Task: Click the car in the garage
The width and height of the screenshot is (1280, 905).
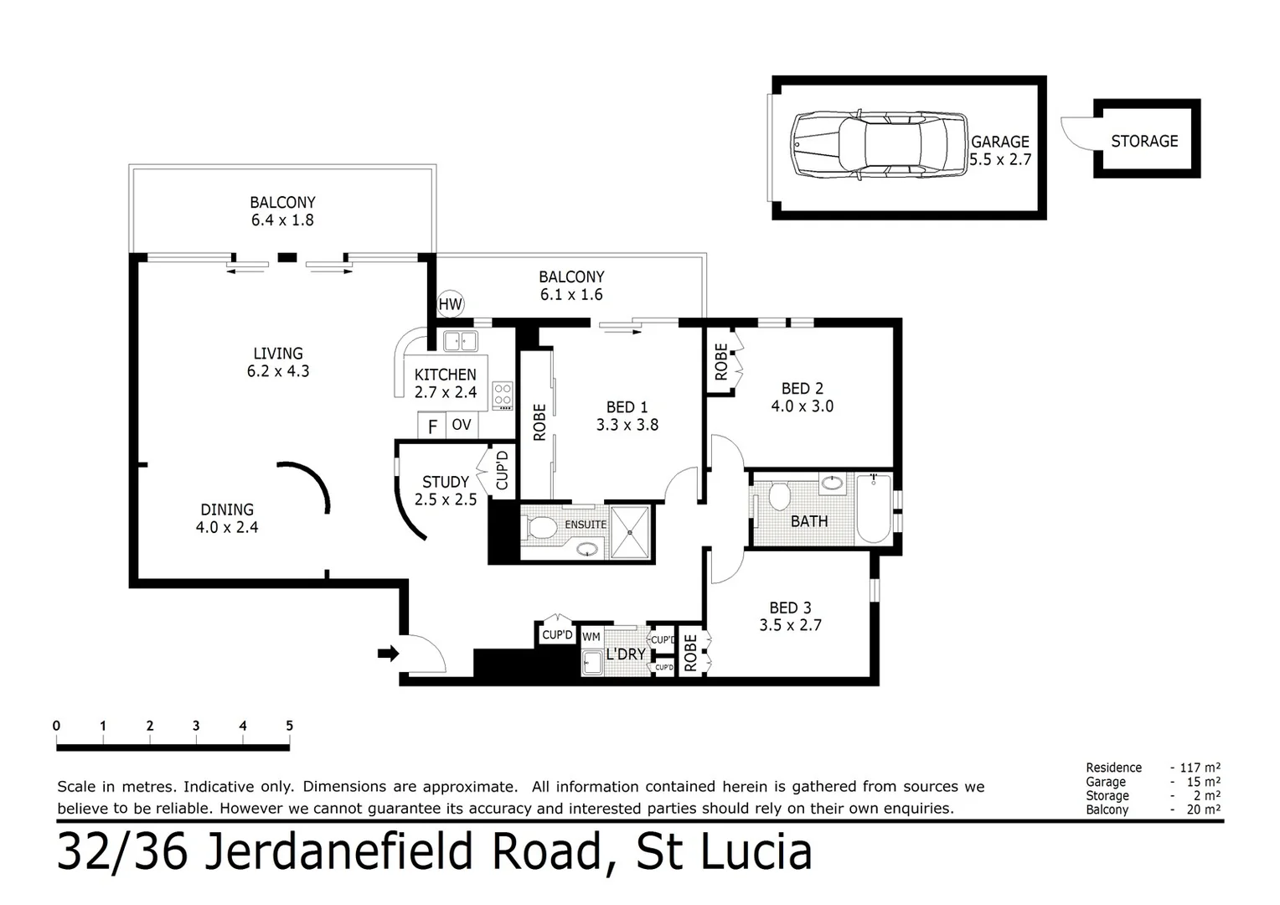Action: click(x=879, y=145)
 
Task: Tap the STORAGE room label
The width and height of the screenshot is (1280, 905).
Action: click(x=1144, y=141)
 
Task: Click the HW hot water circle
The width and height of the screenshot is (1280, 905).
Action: click(x=450, y=304)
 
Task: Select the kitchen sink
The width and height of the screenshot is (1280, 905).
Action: click(x=460, y=341)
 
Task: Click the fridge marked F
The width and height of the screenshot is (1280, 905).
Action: click(x=432, y=427)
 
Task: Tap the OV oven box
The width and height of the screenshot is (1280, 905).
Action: click(x=462, y=425)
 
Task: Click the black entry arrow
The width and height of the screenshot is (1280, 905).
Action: click(x=388, y=654)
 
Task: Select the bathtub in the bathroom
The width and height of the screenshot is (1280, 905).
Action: click(x=873, y=509)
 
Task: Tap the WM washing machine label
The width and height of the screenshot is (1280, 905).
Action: click(x=591, y=637)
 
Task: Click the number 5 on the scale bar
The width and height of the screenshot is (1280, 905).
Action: click(x=290, y=727)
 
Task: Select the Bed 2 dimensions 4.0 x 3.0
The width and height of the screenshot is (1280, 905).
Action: click(x=802, y=406)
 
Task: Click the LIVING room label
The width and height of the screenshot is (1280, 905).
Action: click(x=278, y=354)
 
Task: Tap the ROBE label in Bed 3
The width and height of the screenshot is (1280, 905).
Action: click(x=690, y=652)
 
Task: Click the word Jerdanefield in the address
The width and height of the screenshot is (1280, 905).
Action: click(x=403, y=851)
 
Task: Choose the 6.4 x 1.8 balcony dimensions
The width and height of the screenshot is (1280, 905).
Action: click(x=282, y=220)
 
